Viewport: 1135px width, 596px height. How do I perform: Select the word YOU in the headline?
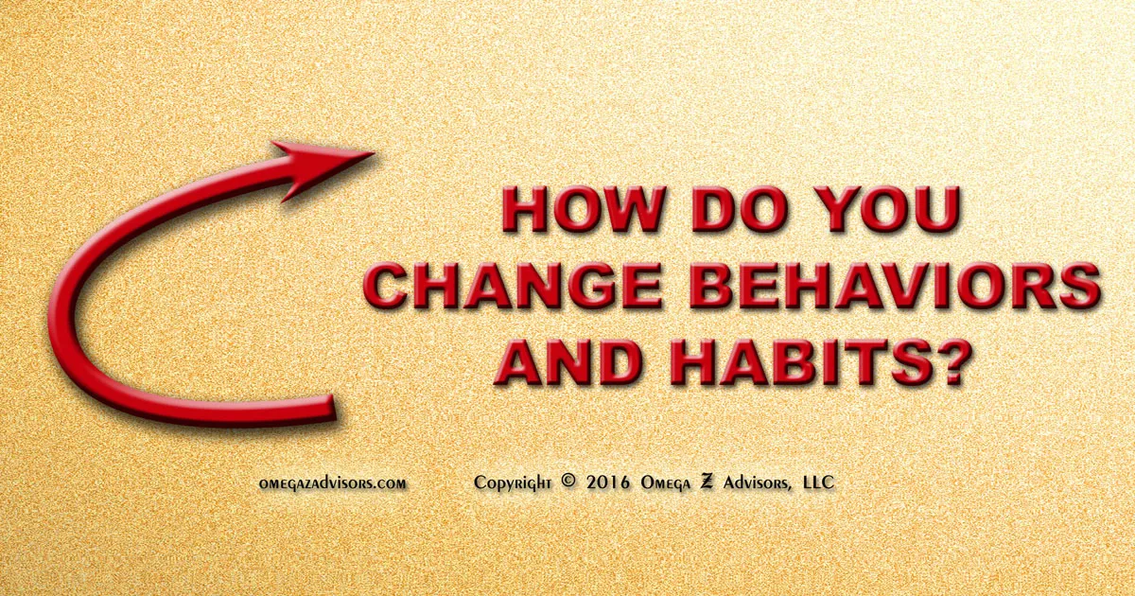(886, 213)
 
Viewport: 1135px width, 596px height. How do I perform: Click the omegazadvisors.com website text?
(333, 482)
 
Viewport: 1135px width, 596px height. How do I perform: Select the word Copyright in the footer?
(512, 482)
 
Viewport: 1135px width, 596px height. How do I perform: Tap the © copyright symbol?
(567, 481)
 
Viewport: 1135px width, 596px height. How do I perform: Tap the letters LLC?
(817, 482)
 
